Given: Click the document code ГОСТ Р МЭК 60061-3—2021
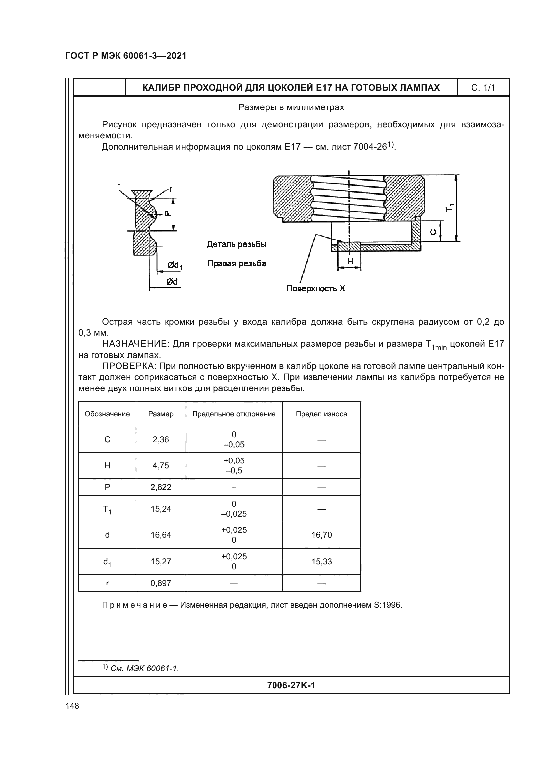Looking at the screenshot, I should (x=126, y=56).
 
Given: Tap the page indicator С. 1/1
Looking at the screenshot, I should (x=483, y=88).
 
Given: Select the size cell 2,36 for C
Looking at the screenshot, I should (x=161, y=439).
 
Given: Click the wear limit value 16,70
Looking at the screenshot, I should (x=322, y=535).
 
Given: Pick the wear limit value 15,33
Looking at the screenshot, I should (x=322, y=561).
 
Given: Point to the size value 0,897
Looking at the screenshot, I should (x=161, y=583).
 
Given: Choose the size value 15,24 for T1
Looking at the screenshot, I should (x=161, y=509).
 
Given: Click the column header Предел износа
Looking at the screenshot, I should (x=322, y=414).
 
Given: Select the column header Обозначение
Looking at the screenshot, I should (x=107, y=414).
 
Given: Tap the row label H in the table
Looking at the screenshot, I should (x=107, y=466).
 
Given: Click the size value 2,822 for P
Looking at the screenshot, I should (x=161, y=487).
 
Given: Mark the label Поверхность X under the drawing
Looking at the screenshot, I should (x=316, y=288).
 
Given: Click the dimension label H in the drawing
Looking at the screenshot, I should (x=350, y=261).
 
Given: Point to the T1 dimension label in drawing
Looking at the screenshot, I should (x=450, y=208).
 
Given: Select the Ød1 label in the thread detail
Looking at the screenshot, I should (x=175, y=266).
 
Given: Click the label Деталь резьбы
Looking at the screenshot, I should (x=236, y=244).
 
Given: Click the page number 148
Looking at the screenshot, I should (x=72, y=706).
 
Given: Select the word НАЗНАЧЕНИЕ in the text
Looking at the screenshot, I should (x=135, y=344).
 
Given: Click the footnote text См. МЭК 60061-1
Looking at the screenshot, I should (x=144, y=669).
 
